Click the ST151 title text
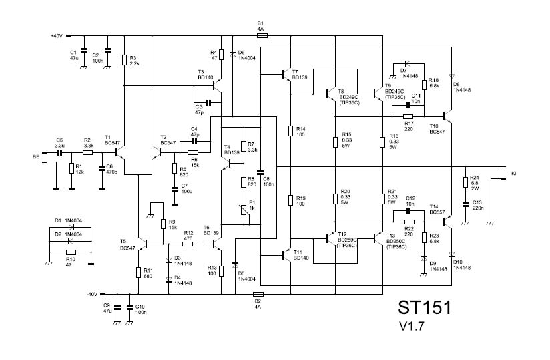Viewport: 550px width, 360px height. [425, 308]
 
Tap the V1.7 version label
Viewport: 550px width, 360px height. [412, 327]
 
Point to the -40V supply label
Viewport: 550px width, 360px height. [92, 294]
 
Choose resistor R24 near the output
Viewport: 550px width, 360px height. [465, 182]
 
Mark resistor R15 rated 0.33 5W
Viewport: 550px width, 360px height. [336, 142]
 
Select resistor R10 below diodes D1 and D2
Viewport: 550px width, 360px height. [71, 252]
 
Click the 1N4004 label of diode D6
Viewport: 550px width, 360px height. [246, 59]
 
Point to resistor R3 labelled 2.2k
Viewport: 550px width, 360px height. [124, 60]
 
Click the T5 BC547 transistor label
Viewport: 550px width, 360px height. [127, 244]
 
